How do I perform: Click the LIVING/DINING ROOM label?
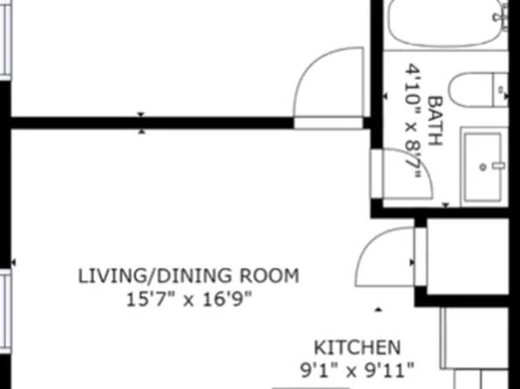click(188, 276)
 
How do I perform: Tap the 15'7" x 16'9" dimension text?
click(189, 299)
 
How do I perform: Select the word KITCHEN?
click(357, 347)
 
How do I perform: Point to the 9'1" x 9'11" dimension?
click(357, 370)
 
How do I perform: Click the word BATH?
click(435, 120)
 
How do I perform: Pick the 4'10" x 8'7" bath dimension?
click(414, 121)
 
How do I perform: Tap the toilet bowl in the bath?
click(471, 90)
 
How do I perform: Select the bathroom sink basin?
click(482, 167)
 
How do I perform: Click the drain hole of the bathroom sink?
click(483, 167)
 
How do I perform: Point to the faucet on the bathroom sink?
click(498, 166)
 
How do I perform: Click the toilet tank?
click(501, 90)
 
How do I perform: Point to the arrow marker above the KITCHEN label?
click(379, 310)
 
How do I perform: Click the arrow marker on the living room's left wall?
click(14, 263)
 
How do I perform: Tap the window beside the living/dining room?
click(5, 311)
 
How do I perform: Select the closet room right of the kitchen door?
click(468, 256)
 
